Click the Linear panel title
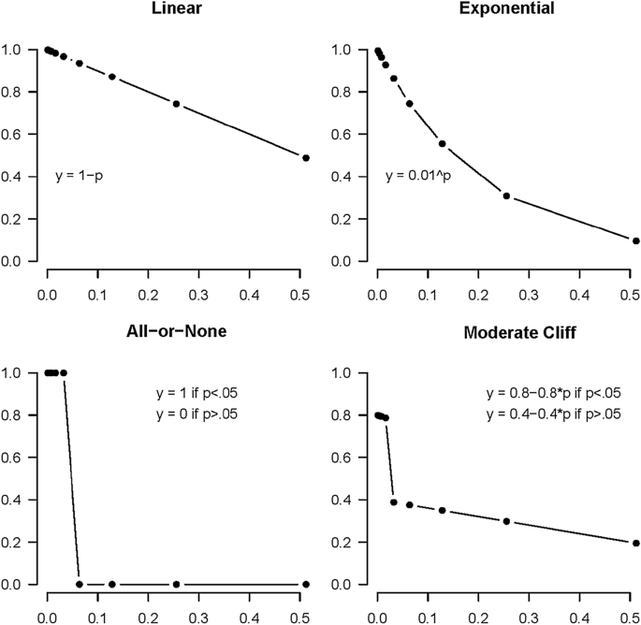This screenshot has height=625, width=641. [x=177, y=8]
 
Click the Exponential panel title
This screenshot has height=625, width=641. [x=506, y=8]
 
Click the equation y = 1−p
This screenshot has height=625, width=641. [x=79, y=175]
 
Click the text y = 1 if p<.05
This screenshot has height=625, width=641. [x=197, y=393]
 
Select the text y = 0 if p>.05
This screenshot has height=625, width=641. [x=197, y=413]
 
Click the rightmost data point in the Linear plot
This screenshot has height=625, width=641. [x=306, y=158]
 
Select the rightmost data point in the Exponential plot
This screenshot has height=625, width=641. [x=635, y=240]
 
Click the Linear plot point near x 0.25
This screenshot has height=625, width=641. [x=176, y=104]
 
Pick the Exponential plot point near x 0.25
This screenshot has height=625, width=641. [x=506, y=196]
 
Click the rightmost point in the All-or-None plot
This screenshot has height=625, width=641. [x=306, y=584]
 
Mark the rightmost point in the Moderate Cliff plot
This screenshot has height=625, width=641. [x=635, y=543]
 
